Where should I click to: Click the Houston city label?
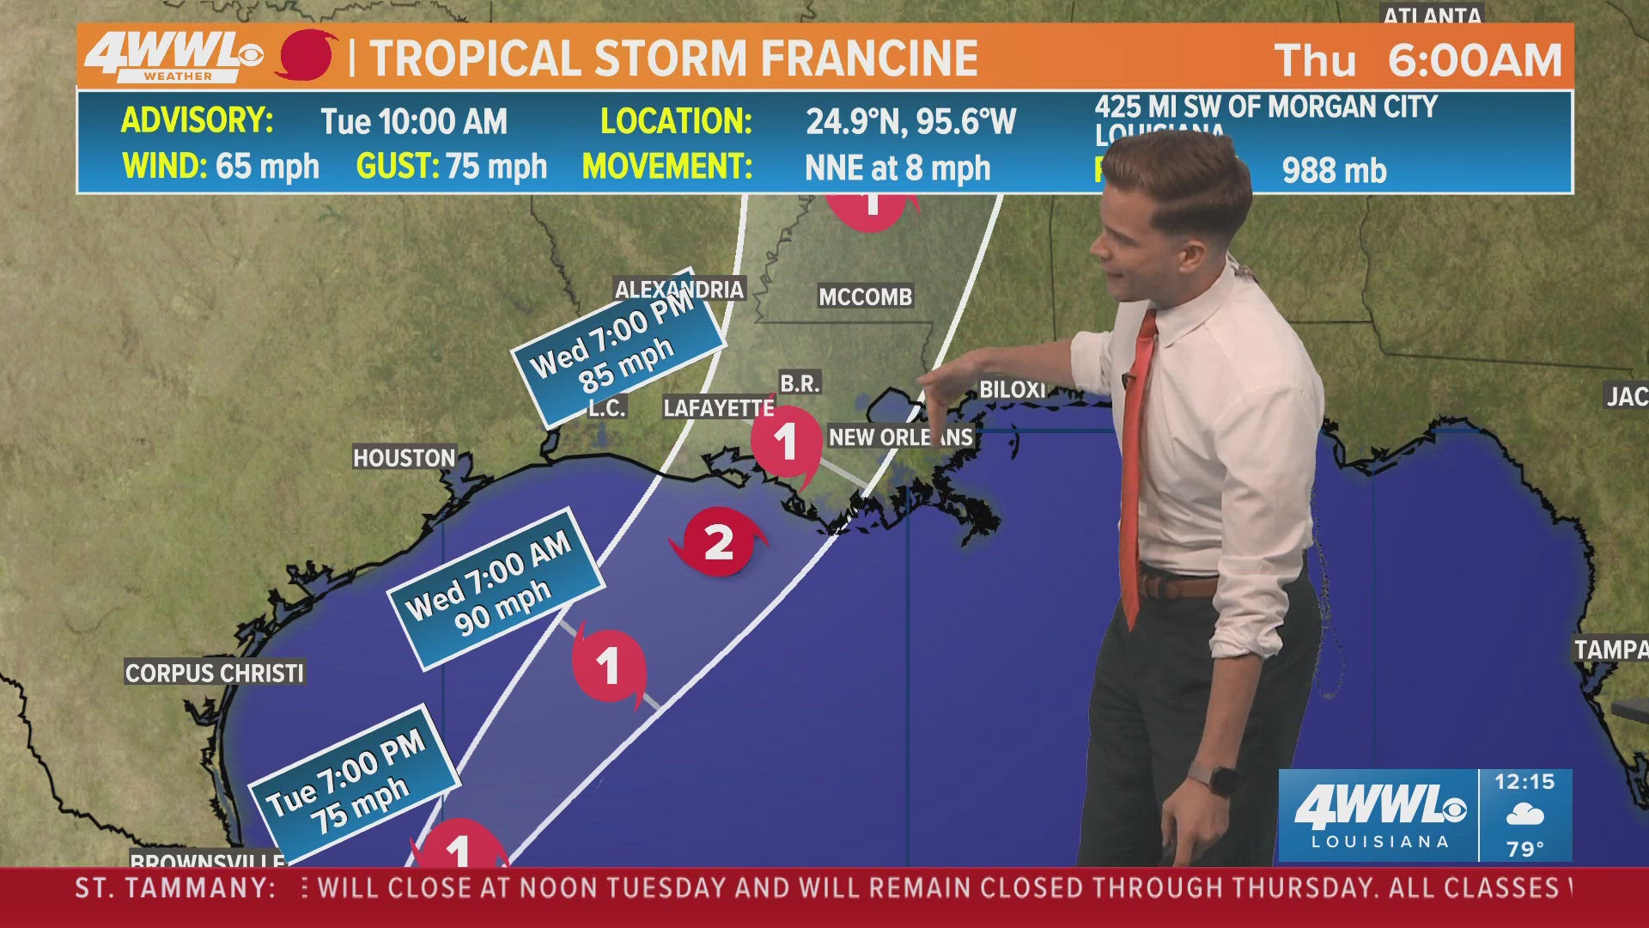(x=404, y=457)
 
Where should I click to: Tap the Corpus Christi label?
(x=215, y=672)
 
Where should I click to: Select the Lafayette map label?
(x=718, y=407)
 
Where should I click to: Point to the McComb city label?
(x=865, y=296)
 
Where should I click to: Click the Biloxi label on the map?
(x=1013, y=389)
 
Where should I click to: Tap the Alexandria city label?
(x=678, y=289)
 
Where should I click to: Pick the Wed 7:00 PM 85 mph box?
(x=617, y=346)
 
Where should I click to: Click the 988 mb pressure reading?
(x=1334, y=170)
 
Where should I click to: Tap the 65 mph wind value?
(x=267, y=166)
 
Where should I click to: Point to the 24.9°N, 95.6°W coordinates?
(x=910, y=121)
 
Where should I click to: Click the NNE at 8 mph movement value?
(x=898, y=168)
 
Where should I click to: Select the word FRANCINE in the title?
(x=869, y=58)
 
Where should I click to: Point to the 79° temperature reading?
(x=1525, y=848)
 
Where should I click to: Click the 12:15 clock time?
(x=1524, y=781)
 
